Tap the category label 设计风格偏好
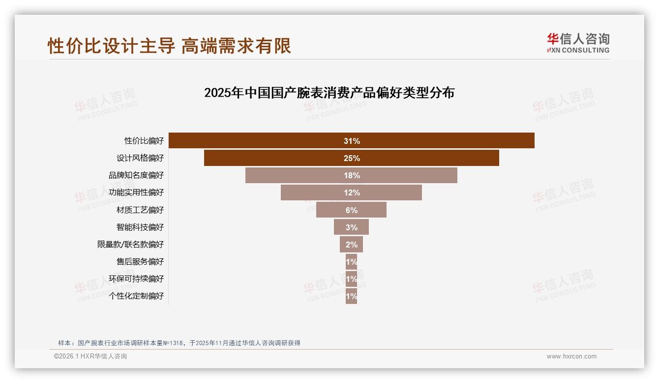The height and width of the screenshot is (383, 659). pos(140,158)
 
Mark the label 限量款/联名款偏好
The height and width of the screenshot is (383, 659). pos(130,245)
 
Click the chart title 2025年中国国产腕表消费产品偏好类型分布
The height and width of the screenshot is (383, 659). pos(329,93)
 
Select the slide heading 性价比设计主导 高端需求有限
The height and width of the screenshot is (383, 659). pos(169,46)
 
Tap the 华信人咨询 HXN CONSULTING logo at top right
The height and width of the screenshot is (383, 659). pos(578,43)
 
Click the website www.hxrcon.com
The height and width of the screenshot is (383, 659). pos(571,356)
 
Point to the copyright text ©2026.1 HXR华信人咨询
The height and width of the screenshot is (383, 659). pos(90,356)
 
